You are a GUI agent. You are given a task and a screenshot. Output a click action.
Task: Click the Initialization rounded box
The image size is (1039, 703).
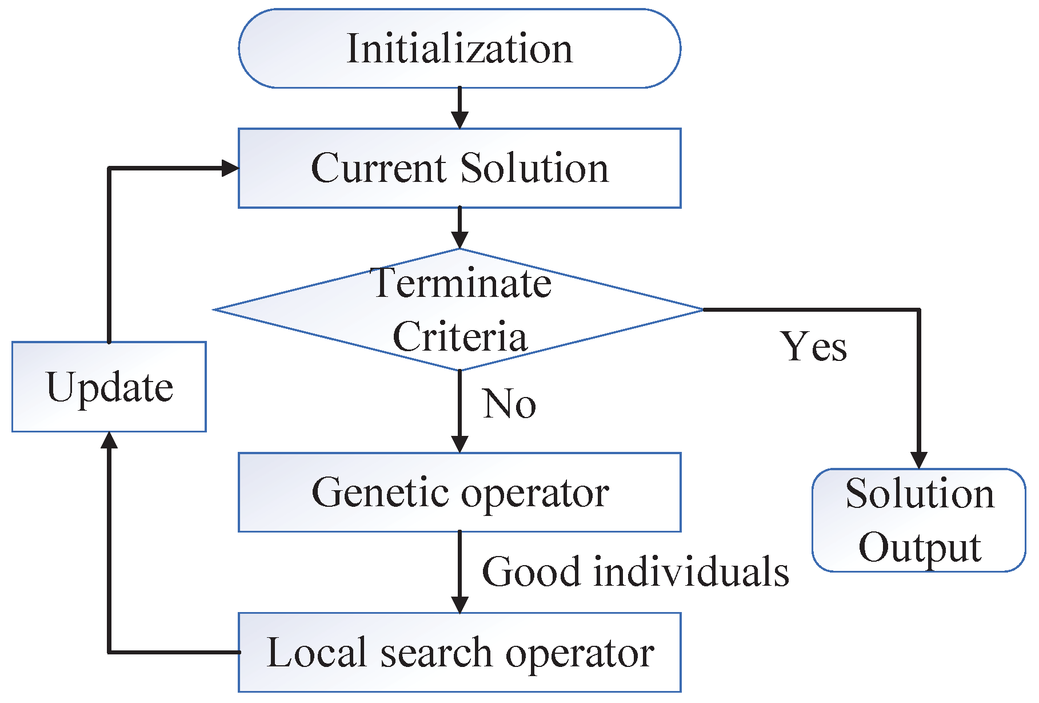pos(459,49)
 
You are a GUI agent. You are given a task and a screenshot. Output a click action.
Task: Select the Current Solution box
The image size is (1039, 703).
pos(459,168)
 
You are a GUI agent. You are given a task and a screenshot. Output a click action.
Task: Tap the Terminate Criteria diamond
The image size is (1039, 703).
pos(459,309)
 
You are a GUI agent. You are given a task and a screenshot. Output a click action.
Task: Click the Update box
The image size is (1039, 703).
pos(109,387)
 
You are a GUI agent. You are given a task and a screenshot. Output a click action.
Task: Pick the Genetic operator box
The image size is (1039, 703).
pos(459,493)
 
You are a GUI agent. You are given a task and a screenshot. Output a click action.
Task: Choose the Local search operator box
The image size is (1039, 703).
pos(459,653)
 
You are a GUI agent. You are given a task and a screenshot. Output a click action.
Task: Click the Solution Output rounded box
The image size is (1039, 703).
pos(919,520)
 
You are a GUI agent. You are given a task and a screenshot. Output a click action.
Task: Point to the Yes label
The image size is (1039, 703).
pos(814,347)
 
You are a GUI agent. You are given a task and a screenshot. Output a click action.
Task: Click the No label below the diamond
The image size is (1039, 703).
pos(509,404)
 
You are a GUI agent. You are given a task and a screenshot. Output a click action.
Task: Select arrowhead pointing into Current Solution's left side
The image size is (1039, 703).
pos(230,168)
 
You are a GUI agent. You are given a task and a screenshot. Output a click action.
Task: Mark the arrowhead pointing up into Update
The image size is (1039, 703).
pos(109,440)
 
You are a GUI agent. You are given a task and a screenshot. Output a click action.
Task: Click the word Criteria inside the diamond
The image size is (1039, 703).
pos(459,336)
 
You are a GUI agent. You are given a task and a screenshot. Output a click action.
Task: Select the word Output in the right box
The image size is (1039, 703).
pos(919,547)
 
